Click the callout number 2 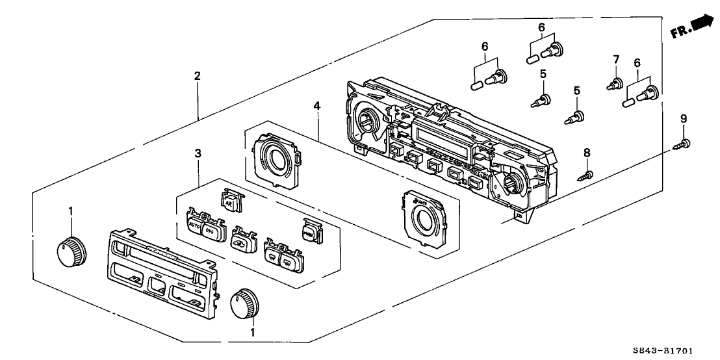pyautogui.click(x=198, y=76)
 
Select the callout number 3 pyautogui.click(x=198, y=153)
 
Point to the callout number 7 pyautogui.click(x=615, y=61)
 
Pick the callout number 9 pyautogui.click(x=684, y=119)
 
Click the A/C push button pyautogui.click(x=229, y=201)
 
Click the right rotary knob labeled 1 pyautogui.click(x=245, y=303)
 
